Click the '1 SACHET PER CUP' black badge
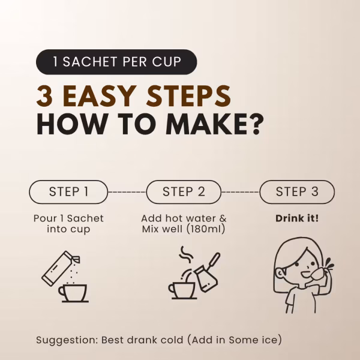[116, 62]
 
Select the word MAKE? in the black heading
[215, 124]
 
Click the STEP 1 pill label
[68, 192]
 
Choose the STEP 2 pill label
[184, 192]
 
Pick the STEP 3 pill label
[297, 192]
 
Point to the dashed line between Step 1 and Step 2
[127, 192]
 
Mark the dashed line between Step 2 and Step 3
[241, 192]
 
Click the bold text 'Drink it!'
[297, 218]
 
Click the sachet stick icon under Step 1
[61, 268]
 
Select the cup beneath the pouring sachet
[73, 293]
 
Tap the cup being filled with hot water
[182, 290]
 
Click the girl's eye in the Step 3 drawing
[297, 264]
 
